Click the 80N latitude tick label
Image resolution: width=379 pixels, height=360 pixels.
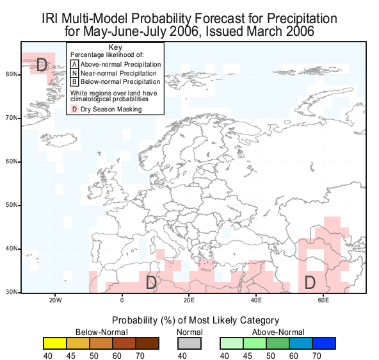click(12, 74)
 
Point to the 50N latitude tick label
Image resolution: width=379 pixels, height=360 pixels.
click(12, 205)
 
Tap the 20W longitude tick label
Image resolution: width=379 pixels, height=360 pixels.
click(55, 300)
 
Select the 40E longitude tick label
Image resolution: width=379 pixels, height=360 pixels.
click(256, 300)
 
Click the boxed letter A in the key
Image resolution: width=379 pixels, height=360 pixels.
click(74, 65)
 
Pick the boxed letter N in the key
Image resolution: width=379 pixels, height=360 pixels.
click(74, 73)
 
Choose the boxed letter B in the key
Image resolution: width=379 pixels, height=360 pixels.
click(74, 82)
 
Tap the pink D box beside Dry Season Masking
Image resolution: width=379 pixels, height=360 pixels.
click(74, 109)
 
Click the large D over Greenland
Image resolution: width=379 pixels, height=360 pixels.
click(42, 65)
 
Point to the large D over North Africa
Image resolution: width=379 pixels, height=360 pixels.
click(151, 282)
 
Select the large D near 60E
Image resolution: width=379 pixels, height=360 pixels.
click(310, 282)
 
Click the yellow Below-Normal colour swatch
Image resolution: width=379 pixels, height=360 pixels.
click(55, 343)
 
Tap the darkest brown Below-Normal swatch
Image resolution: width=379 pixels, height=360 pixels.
click(147, 343)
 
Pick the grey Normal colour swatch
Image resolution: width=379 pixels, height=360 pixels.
click(189, 343)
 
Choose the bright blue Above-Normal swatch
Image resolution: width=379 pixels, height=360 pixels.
click(324, 343)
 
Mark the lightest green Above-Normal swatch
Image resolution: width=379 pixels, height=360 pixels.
click(232, 343)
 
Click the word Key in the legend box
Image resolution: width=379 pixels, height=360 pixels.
click(115, 47)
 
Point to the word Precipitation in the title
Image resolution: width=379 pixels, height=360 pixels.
click(302, 19)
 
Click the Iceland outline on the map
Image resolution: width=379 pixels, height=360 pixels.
click(59, 140)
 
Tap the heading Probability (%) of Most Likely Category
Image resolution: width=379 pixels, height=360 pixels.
click(195, 320)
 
